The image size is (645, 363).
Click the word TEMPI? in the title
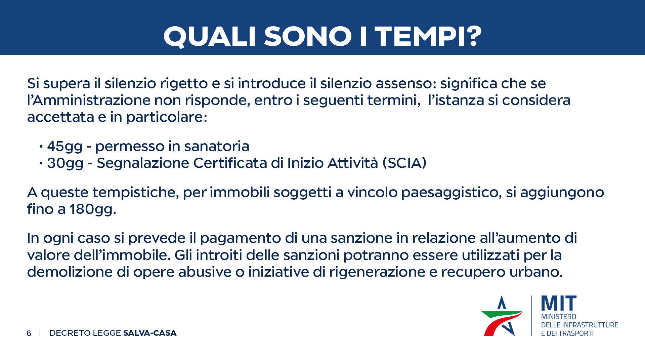click(x=428, y=36)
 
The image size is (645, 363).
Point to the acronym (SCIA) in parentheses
click(x=404, y=163)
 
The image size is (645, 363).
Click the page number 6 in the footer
click(x=29, y=333)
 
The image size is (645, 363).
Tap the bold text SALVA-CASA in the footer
click(x=150, y=333)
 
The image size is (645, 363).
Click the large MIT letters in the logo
click(x=559, y=303)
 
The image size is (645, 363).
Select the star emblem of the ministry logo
click(x=502, y=316)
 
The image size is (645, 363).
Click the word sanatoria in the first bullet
click(x=217, y=146)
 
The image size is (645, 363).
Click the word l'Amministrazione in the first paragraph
click(x=89, y=100)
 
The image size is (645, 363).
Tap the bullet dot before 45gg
click(x=41, y=147)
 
